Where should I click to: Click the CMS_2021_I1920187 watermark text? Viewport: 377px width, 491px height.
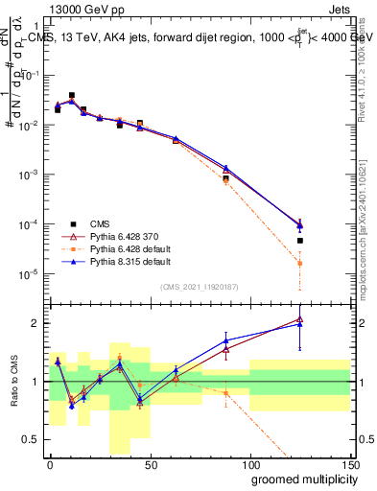click(199, 287)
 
